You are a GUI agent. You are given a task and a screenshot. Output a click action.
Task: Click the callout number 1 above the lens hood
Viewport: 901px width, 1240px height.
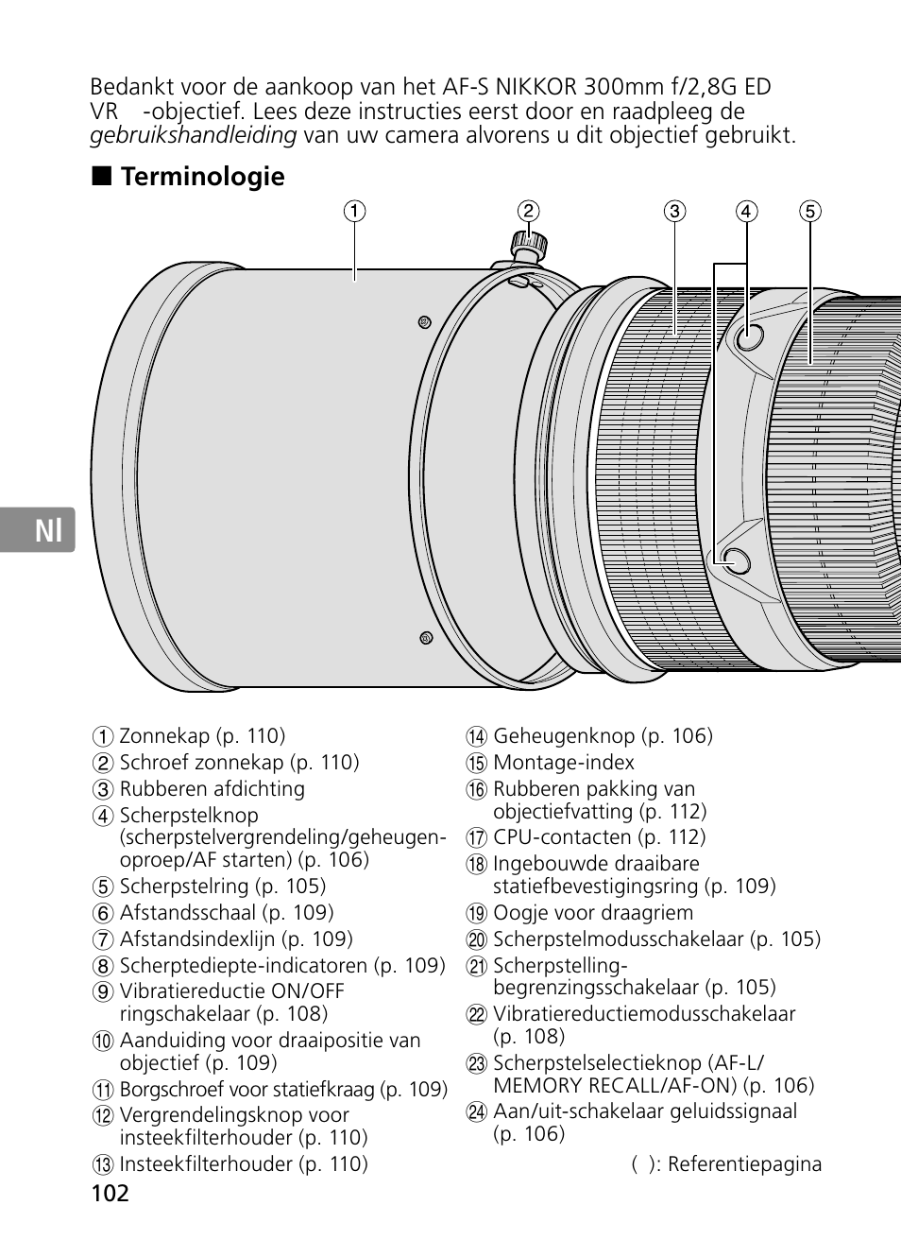tap(354, 211)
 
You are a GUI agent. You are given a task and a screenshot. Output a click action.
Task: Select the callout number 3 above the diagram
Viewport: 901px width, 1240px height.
tap(673, 211)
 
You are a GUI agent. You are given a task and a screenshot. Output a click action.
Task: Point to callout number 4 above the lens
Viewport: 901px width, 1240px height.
tap(747, 211)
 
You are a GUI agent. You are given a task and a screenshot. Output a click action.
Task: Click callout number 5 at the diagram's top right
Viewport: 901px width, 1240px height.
tap(810, 211)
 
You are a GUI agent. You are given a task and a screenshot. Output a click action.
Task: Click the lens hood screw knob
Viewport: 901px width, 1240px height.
tap(527, 244)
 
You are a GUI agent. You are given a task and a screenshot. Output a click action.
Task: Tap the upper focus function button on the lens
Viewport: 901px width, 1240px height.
tap(749, 336)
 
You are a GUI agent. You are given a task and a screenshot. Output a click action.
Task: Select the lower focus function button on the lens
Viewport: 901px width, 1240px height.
tap(735, 561)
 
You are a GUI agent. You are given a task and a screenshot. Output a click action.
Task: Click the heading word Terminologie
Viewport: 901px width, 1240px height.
tap(202, 177)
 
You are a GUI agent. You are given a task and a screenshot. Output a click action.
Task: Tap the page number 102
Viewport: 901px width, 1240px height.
tap(110, 1193)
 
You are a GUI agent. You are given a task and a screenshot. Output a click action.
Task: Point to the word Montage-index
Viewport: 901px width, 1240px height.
tap(564, 763)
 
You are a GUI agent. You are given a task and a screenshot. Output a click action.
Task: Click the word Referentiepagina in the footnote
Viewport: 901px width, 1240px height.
tap(745, 1163)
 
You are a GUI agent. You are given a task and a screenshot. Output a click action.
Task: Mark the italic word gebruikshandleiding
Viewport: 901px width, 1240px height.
tap(194, 135)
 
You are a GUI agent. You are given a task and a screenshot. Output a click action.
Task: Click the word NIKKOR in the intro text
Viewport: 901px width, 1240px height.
tap(535, 88)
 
